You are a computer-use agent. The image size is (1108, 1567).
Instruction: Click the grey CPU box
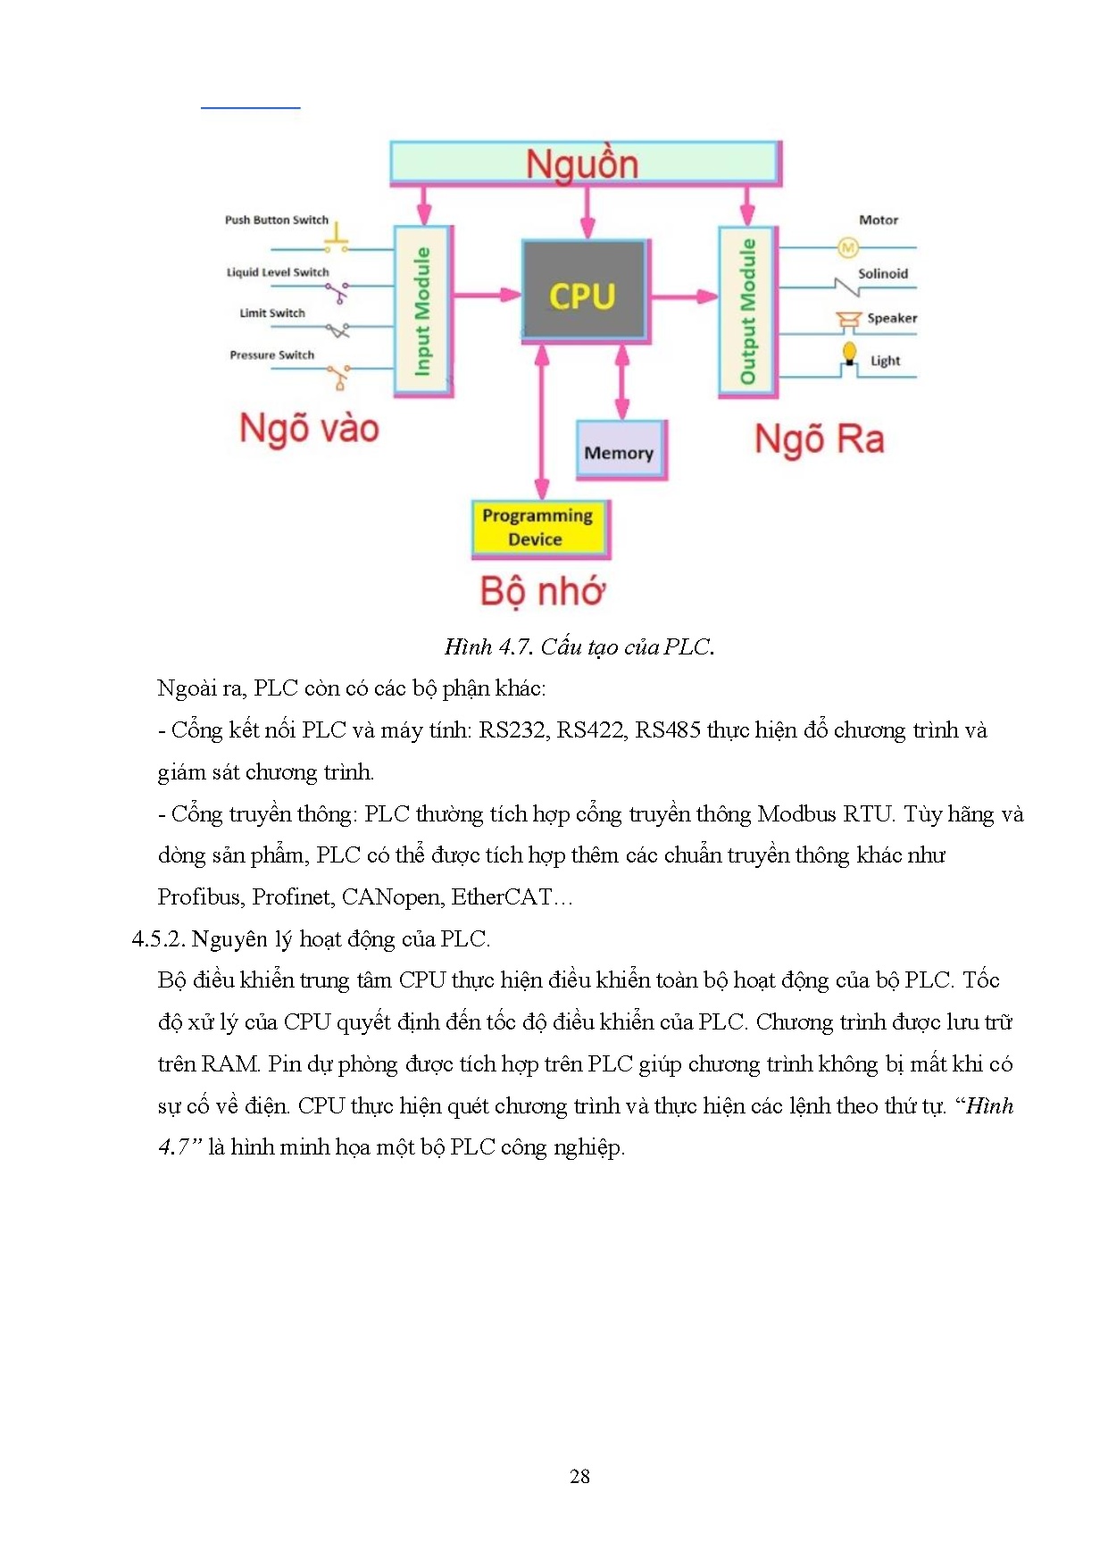(583, 292)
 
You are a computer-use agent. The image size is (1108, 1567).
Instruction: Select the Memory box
(620, 451)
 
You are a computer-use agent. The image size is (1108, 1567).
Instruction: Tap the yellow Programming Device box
(538, 527)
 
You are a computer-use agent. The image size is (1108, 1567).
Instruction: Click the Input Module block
(423, 310)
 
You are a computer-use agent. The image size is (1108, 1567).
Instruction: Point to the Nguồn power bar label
(582, 164)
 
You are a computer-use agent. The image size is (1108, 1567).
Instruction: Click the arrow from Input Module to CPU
(487, 294)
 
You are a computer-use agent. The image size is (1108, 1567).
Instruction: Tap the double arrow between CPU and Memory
(622, 381)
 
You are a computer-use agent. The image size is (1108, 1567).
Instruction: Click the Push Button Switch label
(276, 220)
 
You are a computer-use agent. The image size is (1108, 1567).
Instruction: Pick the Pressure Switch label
(271, 354)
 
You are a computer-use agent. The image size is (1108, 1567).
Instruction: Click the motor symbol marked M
(847, 247)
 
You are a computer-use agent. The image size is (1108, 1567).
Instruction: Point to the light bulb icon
(849, 352)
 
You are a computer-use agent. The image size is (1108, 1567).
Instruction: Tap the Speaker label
(891, 318)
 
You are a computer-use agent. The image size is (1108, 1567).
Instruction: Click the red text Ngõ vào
(309, 429)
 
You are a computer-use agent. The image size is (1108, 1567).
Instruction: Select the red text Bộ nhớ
(542, 591)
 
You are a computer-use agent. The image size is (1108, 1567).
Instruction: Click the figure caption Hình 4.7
(579, 646)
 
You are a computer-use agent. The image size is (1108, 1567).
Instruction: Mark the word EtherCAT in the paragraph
(512, 896)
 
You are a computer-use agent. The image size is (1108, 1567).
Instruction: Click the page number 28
(579, 1476)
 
